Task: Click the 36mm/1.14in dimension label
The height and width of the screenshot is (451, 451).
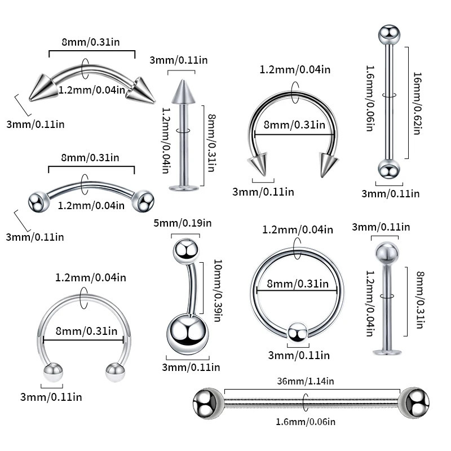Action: tap(306, 382)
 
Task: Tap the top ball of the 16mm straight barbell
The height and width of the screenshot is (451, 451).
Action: tap(388, 35)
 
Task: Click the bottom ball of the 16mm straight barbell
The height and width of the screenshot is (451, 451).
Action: tap(388, 170)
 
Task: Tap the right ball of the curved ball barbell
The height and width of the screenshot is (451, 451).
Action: tap(144, 201)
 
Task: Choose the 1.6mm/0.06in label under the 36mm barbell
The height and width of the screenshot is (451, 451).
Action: tap(306, 422)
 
